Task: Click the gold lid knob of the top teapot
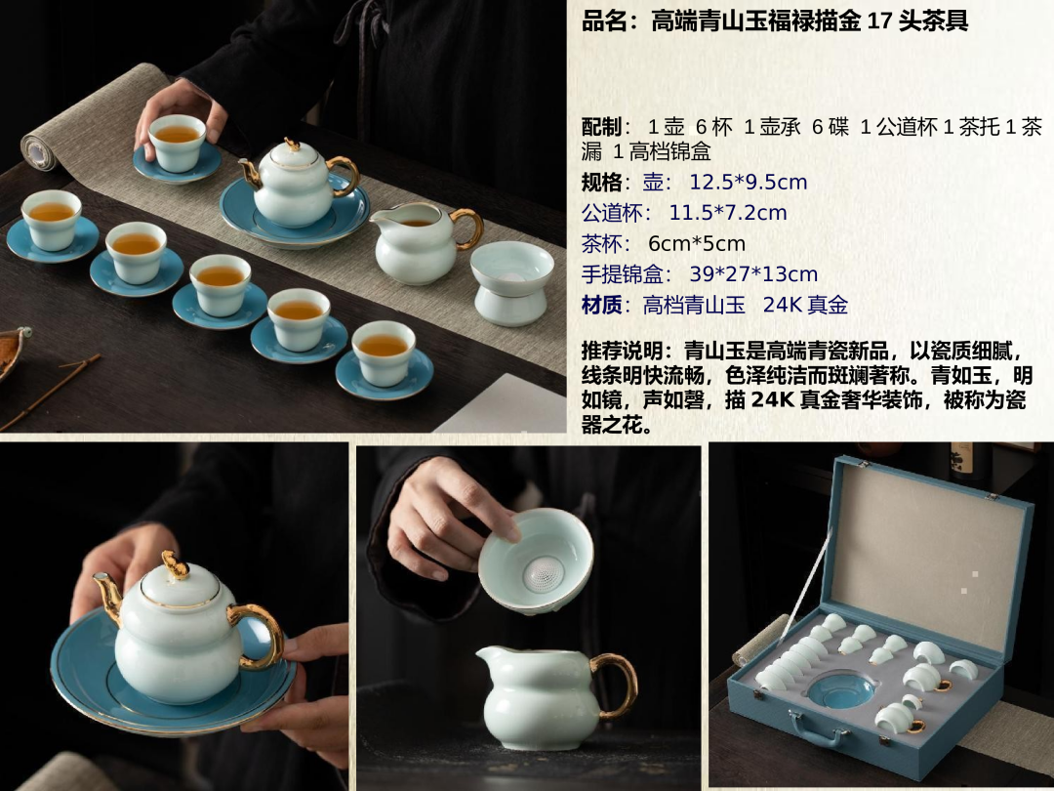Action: pyautogui.click(x=293, y=144)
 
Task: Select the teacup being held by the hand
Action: pyautogui.click(x=178, y=143)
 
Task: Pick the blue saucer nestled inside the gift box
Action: pyautogui.click(x=841, y=691)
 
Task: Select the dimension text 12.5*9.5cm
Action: pyautogui.click(x=749, y=183)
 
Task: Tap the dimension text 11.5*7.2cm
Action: pyautogui.click(x=727, y=213)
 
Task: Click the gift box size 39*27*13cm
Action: pyautogui.click(x=753, y=274)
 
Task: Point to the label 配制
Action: pyautogui.click(x=601, y=126)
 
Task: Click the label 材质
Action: pyautogui.click(x=601, y=306)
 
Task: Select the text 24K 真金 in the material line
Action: pyautogui.click(x=805, y=306)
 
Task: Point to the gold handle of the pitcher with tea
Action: pyautogui.click(x=468, y=228)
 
